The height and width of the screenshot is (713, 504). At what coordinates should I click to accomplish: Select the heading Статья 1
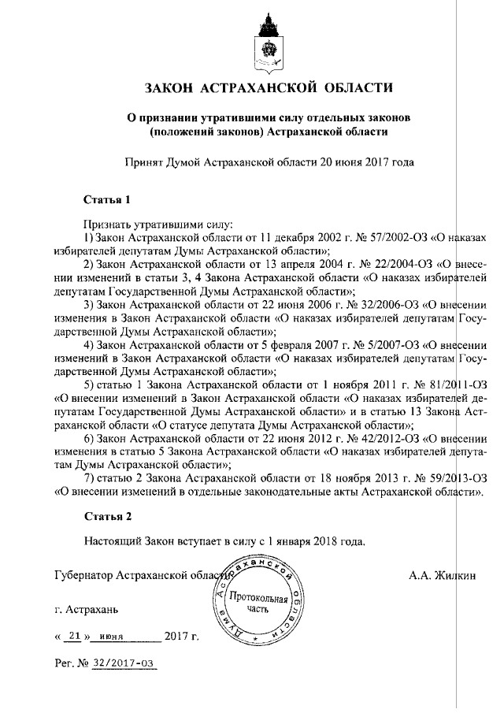[x=106, y=198]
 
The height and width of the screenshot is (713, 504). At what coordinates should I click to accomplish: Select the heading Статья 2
[x=106, y=517]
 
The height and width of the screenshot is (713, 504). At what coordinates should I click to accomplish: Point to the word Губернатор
[x=83, y=576]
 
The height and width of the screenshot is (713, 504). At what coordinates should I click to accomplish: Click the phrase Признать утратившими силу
[x=149, y=224]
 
